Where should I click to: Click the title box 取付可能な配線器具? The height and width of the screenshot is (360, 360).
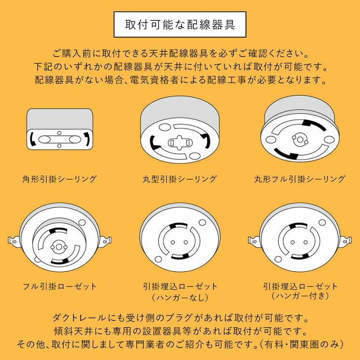[x=180, y=25]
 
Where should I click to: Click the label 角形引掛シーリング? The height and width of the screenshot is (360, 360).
[x=59, y=179]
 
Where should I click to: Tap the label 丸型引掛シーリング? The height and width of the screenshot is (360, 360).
[x=180, y=179]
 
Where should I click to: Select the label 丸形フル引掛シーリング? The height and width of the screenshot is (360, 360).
[x=300, y=179]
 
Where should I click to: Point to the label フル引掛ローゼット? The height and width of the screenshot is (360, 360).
[x=59, y=286]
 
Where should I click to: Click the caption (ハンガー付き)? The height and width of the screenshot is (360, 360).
[x=300, y=295]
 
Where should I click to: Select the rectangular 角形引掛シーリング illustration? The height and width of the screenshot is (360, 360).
[x=59, y=131]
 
